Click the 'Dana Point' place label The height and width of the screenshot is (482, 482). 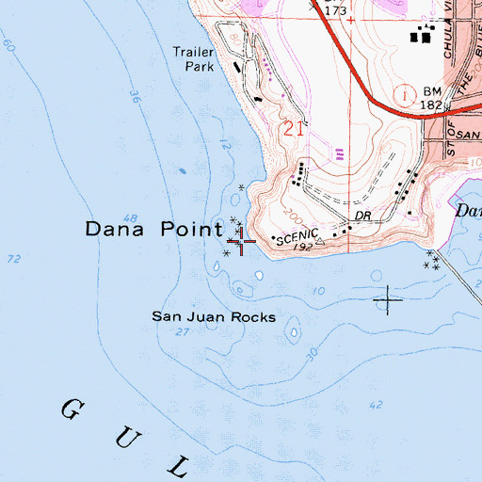tap(154, 229)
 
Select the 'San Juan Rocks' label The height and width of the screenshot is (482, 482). tap(215, 317)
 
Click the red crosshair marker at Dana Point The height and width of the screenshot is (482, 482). tap(242, 242)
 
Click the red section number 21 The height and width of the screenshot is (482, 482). tap(293, 129)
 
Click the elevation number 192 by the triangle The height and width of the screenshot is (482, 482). tap(303, 245)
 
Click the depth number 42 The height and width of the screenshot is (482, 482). tap(377, 405)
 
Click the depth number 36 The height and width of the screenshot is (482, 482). tap(134, 96)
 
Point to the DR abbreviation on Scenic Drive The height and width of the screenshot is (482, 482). tap(365, 217)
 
